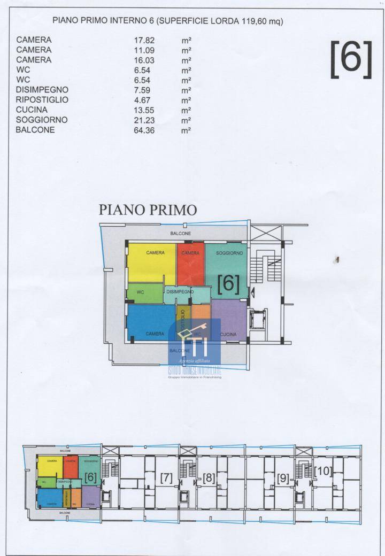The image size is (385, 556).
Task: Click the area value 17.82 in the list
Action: point(144,40)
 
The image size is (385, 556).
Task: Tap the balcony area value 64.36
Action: point(144,130)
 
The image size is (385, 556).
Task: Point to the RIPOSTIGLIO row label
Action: point(42,100)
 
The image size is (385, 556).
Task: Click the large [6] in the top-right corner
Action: point(351,59)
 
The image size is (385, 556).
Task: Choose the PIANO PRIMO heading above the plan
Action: point(148,209)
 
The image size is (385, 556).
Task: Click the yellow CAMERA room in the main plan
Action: point(151,263)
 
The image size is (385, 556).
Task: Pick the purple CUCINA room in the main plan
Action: point(229,320)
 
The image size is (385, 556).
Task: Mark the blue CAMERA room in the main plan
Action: point(151,322)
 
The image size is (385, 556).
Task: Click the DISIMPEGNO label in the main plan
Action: point(179,292)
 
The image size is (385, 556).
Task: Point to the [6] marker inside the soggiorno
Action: point(228,283)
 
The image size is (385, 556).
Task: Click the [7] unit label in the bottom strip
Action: point(166,478)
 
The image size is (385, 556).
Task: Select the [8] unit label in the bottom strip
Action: point(209,478)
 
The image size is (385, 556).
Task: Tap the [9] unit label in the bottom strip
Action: point(283,478)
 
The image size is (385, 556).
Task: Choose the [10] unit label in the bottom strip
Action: point(323,472)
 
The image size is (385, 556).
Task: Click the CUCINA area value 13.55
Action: point(144,110)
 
